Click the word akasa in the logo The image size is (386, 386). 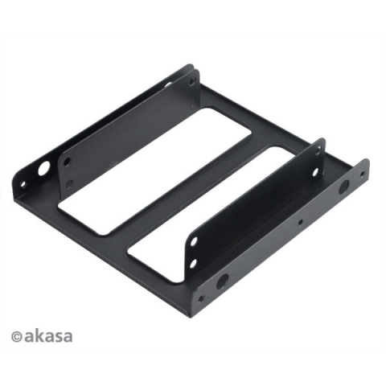point(48,336)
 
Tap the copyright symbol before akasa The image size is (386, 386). point(17,337)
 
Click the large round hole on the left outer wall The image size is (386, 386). point(43,169)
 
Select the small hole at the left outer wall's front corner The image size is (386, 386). point(23,184)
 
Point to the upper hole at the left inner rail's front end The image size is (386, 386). point(68,162)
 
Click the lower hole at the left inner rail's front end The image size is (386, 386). point(69,184)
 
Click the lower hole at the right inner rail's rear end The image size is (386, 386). point(315,172)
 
